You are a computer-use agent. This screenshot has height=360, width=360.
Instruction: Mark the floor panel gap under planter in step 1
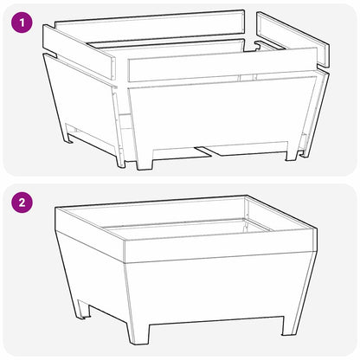pyautogui.click(x=208, y=152)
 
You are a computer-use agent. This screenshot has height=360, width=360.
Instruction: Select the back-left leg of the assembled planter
pyautogui.click(x=83, y=307)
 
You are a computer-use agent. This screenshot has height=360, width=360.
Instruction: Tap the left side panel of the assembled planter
pyautogui.click(x=91, y=273)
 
